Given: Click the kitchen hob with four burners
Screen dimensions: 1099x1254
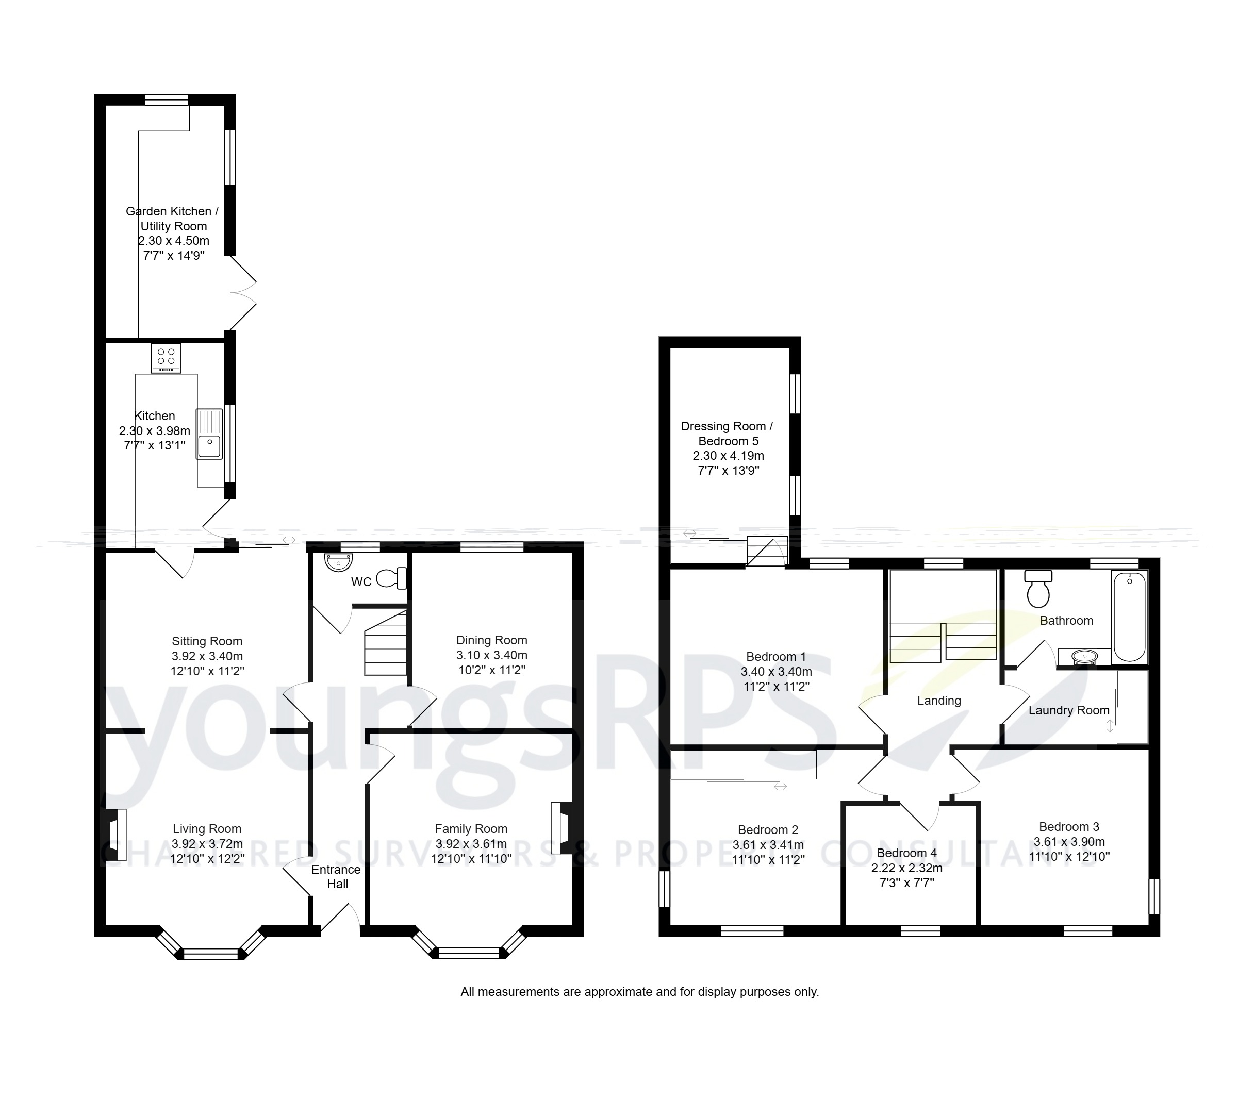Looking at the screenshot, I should (166, 358).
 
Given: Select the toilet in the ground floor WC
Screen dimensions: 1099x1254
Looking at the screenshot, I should (392, 578).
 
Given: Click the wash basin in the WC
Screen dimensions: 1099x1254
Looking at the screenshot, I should (339, 561).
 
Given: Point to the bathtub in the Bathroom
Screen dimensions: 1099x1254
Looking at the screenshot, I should (1129, 617).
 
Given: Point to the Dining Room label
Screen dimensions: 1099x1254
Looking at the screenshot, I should (491, 640).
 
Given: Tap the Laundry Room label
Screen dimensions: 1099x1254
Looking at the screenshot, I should (1069, 710).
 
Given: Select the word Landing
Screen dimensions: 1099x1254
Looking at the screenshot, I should (938, 701).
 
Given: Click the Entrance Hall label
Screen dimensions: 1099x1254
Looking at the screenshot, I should (336, 876).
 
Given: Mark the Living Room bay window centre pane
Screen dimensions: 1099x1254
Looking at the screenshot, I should (210, 954).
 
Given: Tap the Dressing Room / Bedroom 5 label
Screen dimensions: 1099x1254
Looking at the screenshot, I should (727, 433).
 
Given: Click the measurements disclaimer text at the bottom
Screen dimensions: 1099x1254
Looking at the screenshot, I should (639, 992).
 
